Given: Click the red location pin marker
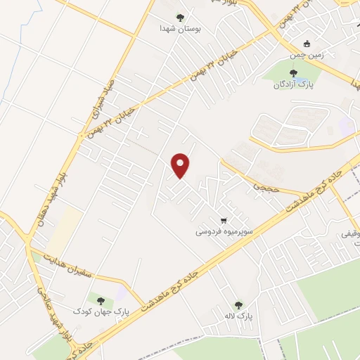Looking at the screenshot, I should pyautogui.click(x=181, y=165).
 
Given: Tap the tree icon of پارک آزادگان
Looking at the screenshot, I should pyautogui.click(x=294, y=72).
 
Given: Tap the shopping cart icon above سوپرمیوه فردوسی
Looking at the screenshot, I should pyautogui.click(x=224, y=218).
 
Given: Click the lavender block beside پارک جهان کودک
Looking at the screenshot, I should pyautogui.click(x=122, y=292).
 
